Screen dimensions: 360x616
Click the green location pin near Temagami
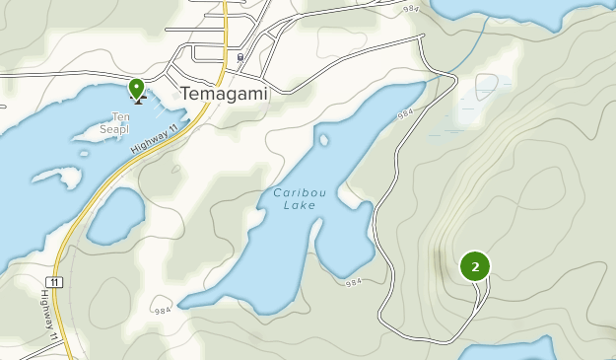(136, 87)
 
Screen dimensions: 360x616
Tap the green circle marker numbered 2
(475, 266)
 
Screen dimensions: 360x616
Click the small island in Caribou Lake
(323, 139)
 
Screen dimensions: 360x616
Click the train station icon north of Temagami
(240, 58)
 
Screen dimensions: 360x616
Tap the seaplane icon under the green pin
(139, 98)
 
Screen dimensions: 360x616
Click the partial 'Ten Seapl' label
(115, 123)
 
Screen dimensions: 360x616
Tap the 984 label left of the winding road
(355, 283)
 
